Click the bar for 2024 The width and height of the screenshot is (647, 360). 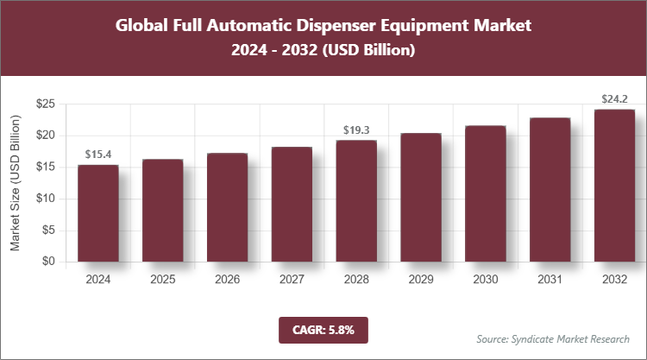click(97, 213)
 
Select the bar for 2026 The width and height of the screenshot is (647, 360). click(227, 207)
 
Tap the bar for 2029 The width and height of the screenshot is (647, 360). click(421, 198)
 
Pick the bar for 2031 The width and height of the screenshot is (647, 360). click(550, 190)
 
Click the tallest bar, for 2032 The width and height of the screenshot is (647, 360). click(614, 186)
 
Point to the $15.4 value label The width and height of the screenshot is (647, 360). click(97, 154)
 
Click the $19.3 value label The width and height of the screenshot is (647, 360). click(356, 129)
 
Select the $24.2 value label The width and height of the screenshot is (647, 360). click(614, 98)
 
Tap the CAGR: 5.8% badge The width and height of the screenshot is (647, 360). click(323, 329)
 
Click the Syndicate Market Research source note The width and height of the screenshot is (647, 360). click(553, 338)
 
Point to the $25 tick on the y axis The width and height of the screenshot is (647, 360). click(46, 104)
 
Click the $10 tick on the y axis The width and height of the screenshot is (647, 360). click(46, 199)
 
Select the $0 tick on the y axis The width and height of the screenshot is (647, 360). click(48, 262)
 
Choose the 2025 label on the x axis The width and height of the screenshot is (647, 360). click(162, 280)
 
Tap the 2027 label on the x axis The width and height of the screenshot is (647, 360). click(292, 280)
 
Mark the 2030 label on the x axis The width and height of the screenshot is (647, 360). click(485, 280)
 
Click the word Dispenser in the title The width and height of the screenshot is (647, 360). click(333, 25)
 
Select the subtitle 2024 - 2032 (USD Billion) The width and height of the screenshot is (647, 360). click(323, 51)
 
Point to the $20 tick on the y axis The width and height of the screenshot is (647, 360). click(46, 136)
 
